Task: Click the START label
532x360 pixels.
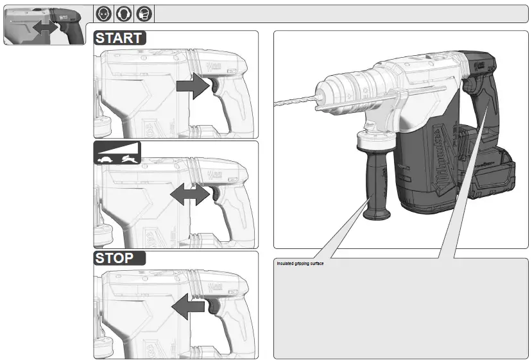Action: tap(120, 37)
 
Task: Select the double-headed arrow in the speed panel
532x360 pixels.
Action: tap(189, 195)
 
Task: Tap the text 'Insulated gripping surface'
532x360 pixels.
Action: tap(301, 264)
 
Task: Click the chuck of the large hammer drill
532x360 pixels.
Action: tap(340, 90)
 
